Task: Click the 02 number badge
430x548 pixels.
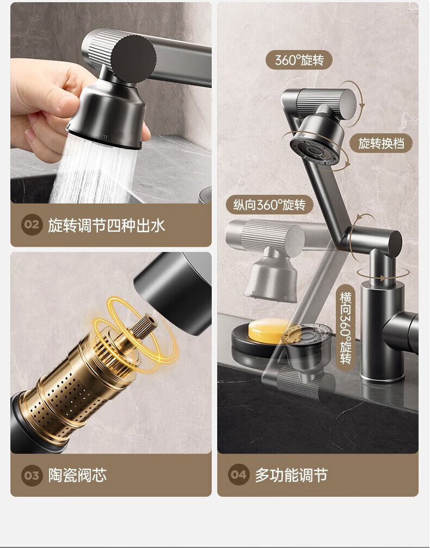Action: tap(32, 225)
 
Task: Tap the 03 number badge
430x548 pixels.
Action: tap(32, 475)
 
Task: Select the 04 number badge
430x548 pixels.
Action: tap(239, 475)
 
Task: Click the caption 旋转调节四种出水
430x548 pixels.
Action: tap(106, 225)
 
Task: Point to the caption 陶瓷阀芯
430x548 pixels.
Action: tap(77, 475)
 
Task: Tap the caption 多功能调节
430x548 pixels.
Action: tap(291, 475)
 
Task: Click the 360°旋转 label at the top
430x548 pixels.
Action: tap(299, 60)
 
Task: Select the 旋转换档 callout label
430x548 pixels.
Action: tap(381, 143)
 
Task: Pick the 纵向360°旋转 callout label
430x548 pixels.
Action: tap(269, 205)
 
